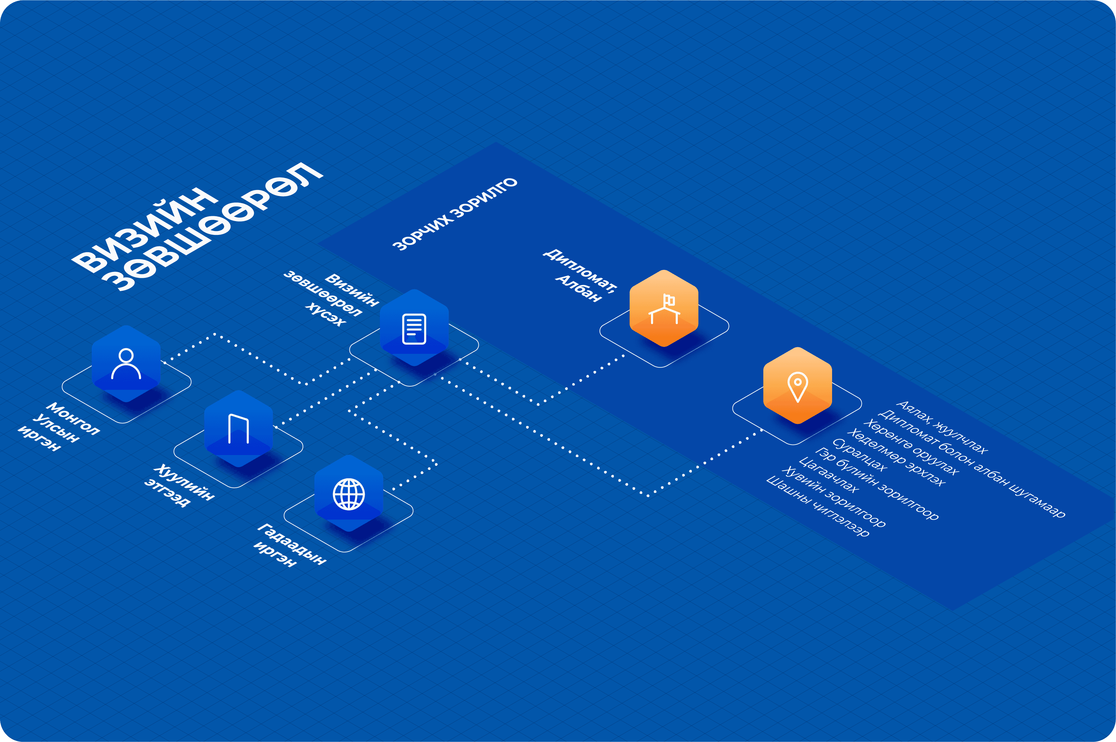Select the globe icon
click(x=349, y=494)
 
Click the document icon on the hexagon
click(x=414, y=328)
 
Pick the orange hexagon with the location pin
click(x=798, y=386)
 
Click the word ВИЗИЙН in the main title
click(x=144, y=230)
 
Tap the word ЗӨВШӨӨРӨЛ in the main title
click(x=213, y=226)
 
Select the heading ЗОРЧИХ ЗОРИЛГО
click(x=455, y=214)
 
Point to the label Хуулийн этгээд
click(x=180, y=485)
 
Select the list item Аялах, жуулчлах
click(x=942, y=427)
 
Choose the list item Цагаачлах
click(x=828, y=475)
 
